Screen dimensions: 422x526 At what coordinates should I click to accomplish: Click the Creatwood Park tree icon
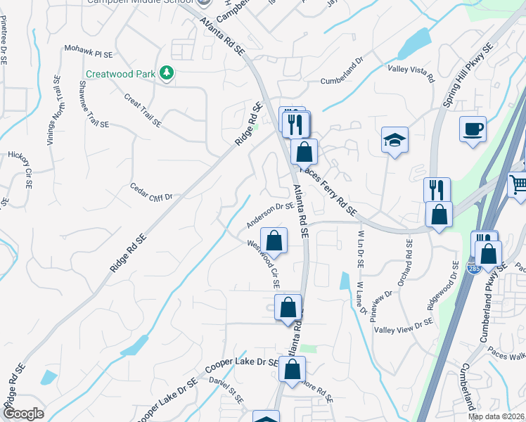[167, 73]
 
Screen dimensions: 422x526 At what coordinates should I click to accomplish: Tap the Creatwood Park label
[120, 74]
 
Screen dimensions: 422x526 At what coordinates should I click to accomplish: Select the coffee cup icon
[473, 129]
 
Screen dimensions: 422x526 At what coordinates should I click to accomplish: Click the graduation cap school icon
[395, 140]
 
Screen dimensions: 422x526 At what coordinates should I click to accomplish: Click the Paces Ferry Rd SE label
[328, 191]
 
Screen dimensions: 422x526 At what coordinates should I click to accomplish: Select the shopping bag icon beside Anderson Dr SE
[274, 240]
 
